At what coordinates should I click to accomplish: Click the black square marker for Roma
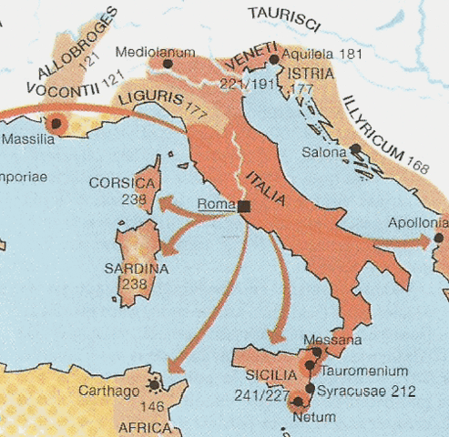(x=244, y=207)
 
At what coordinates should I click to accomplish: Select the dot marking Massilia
(x=57, y=123)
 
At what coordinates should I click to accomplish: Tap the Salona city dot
(x=354, y=148)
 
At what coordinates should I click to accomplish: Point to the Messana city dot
(x=316, y=351)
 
